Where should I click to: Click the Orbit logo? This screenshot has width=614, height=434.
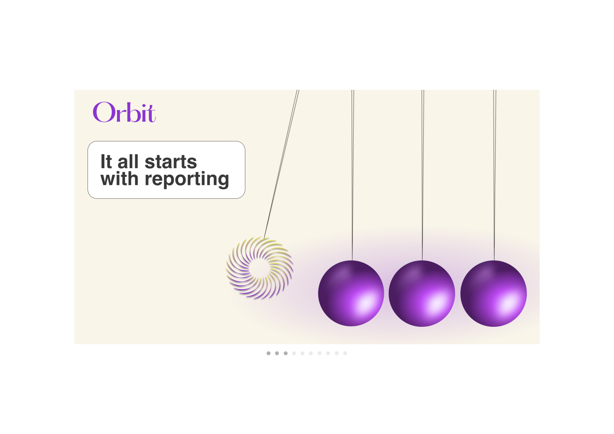coord(124,112)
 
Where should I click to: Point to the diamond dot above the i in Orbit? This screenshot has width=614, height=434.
coord(144,106)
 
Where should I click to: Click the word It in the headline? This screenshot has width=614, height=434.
coord(106,161)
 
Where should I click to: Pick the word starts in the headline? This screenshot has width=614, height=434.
coord(171,162)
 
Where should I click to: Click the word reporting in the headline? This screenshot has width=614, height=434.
coord(187,180)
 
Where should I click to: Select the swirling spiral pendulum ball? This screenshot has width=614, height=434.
coord(259,268)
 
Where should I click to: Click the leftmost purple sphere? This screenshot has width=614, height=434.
coord(351,293)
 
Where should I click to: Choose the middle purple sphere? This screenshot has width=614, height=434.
coord(422,293)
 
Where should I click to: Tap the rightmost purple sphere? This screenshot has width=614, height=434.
coord(493,293)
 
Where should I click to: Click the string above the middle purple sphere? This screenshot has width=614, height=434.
coord(422,175)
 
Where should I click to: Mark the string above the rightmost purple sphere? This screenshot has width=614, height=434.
coord(494,175)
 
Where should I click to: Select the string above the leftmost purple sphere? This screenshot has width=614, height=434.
coord(353,175)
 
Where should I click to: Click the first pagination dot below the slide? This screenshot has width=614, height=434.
coord(269,353)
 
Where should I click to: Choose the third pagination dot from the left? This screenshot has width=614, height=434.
coord(286,353)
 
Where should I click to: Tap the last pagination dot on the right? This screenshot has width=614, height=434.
coord(345,353)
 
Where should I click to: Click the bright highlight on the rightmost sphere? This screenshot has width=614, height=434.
coord(508,305)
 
